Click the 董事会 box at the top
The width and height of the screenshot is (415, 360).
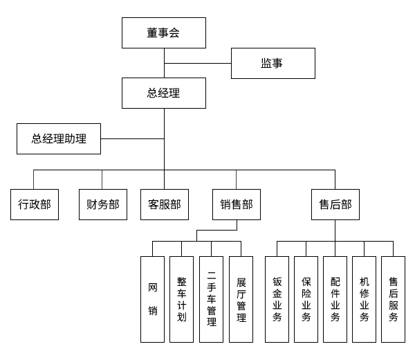click(x=163, y=33)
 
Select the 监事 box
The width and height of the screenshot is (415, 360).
click(x=273, y=63)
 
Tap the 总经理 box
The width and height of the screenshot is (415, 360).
click(x=163, y=93)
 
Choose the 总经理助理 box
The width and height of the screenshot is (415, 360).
click(x=59, y=138)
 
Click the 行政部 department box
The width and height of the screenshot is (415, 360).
click(x=35, y=204)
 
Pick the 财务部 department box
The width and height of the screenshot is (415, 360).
click(x=102, y=204)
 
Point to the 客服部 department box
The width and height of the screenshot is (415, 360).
click(x=164, y=204)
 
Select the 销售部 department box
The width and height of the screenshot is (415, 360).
click(x=237, y=204)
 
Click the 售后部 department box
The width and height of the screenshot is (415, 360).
click(x=335, y=204)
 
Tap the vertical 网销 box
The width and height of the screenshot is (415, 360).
click(x=152, y=299)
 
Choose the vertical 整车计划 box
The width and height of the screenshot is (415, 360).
click(x=181, y=299)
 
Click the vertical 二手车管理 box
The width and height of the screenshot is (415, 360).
click(x=211, y=299)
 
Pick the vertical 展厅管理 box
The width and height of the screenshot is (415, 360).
click(x=241, y=299)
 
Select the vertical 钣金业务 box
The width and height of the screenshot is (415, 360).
click(x=277, y=299)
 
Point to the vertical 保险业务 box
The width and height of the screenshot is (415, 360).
click(x=306, y=299)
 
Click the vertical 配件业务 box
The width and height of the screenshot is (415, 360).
click(x=335, y=299)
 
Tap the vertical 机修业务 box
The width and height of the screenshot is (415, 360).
click(x=364, y=299)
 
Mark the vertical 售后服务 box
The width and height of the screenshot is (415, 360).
click(x=393, y=299)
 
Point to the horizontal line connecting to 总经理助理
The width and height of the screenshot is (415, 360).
click(x=132, y=138)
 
